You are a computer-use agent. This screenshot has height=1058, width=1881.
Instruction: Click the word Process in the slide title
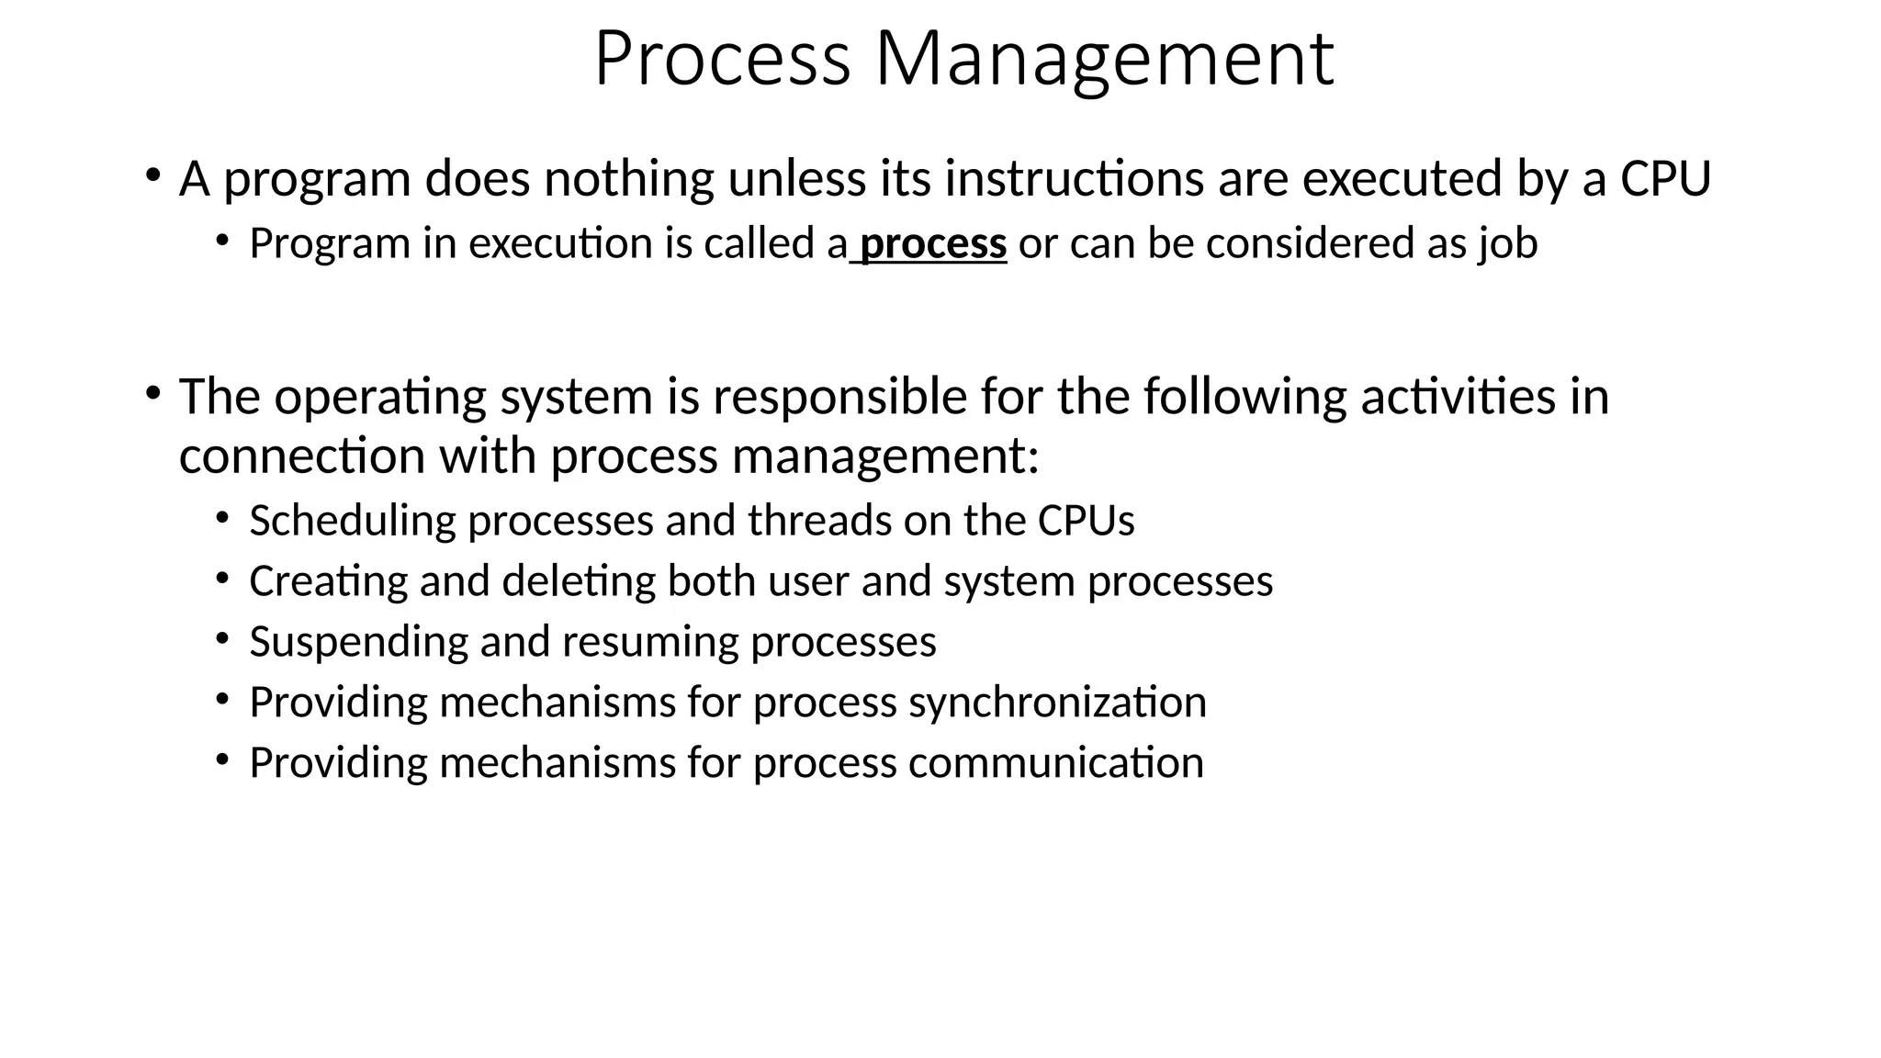pyautogui.click(x=722, y=61)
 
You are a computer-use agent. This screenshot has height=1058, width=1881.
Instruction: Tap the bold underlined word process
pyautogui.click(x=933, y=244)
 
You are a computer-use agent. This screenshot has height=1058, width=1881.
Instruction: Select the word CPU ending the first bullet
pyautogui.click(x=1665, y=178)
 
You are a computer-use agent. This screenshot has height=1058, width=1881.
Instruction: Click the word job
pyautogui.click(x=1508, y=244)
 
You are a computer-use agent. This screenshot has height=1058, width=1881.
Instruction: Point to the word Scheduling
pyautogui.click(x=353, y=521)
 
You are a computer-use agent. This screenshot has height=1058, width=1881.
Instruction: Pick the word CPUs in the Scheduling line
pyautogui.click(x=1086, y=521)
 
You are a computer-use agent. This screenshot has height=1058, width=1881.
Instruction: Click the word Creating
pyautogui.click(x=328, y=581)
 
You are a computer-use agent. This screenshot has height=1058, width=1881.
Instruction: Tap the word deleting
pyautogui.click(x=579, y=581)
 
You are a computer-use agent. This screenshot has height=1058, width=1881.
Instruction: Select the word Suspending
pyautogui.click(x=358, y=642)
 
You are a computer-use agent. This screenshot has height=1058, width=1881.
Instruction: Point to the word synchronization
pyautogui.click(x=1057, y=703)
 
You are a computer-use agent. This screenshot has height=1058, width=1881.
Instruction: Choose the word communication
pyautogui.click(x=1055, y=763)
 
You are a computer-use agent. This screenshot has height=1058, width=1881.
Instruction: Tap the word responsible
pyautogui.click(x=839, y=397)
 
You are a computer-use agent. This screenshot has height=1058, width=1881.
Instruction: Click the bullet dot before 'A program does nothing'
pyautogui.click(x=152, y=174)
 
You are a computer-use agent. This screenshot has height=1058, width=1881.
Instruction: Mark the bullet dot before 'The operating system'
pyautogui.click(x=152, y=393)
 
